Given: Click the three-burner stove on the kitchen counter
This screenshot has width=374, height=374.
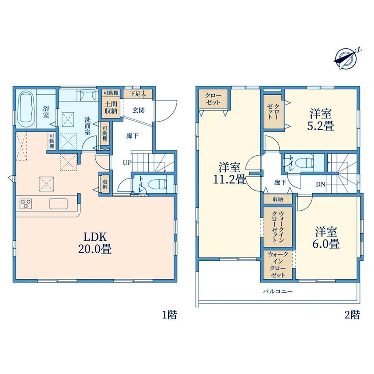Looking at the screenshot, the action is (26, 204).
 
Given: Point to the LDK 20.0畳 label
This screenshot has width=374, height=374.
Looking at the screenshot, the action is (95, 243).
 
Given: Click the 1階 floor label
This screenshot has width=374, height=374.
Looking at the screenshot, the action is (170, 315).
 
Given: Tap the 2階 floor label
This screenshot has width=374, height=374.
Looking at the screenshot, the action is (352, 315).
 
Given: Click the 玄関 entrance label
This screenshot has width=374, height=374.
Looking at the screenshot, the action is (138, 110).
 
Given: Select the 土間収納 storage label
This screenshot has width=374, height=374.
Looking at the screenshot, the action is (111, 108).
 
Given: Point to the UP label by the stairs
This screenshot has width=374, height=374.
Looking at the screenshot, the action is (127, 163).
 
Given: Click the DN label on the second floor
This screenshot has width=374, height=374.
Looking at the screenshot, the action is (321, 184).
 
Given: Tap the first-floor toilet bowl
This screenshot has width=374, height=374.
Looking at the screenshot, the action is (157, 184).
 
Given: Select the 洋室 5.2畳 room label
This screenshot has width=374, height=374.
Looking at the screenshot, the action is (321, 120).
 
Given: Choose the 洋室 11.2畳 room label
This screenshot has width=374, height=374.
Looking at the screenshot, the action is (229, 173).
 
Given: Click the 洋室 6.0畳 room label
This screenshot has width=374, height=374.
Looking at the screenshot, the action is (326, 238).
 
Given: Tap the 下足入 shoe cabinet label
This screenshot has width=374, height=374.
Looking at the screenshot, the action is (138, 94).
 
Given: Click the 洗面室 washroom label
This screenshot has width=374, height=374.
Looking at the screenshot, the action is (87, 126).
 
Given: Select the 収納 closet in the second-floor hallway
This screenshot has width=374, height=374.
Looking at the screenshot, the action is (278, 200).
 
